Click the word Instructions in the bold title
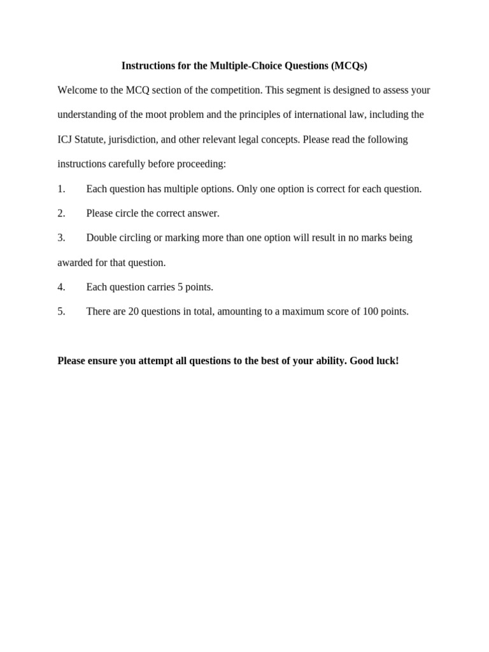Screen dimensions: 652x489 (x=147, y=66)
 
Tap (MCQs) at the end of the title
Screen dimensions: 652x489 (x=350, y=66)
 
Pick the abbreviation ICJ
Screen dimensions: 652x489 (x=66, y=139)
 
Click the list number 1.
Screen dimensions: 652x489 (x=61, y=188)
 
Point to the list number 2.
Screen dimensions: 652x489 (x=61, y=213)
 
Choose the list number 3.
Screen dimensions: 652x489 (x=61, y=237)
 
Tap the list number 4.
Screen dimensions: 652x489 (x=61, y=287)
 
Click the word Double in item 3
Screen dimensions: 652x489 (x=101, y=237)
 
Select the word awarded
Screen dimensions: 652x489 (x=75, y=262)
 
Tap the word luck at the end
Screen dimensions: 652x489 (x=386, y=361)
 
